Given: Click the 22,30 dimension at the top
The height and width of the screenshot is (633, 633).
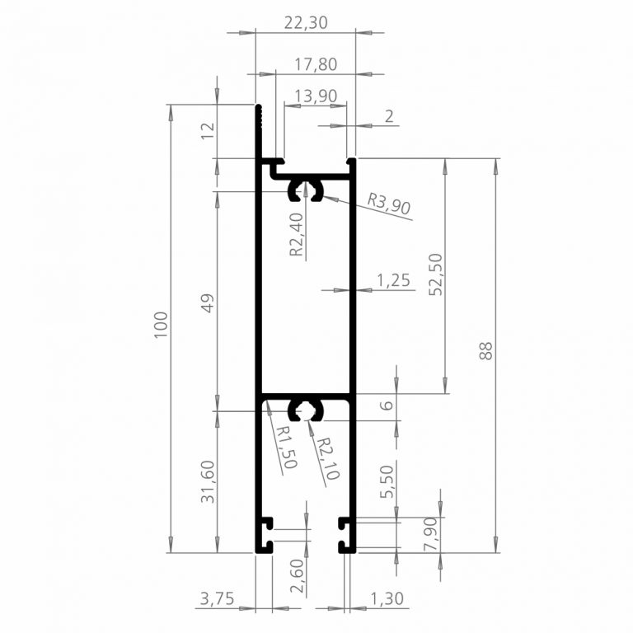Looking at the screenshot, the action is pos(306,22).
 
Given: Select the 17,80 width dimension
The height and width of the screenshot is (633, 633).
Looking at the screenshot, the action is pos(316,64).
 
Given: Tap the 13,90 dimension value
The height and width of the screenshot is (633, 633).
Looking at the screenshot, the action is pos(316,96).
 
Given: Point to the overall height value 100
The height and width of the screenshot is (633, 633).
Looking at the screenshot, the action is pos(161,325).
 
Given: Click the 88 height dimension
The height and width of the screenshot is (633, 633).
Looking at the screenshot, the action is pos(486,350).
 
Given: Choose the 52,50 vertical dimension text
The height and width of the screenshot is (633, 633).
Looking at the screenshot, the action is pos(435,274).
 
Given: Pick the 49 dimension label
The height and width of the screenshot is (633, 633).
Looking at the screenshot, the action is pos(208,302).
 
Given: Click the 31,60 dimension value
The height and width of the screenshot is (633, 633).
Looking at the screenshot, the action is pos(208,481).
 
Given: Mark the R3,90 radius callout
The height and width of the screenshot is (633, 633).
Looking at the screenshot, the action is pos(389,204).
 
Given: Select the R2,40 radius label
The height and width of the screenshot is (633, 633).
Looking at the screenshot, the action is pos(297,235).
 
